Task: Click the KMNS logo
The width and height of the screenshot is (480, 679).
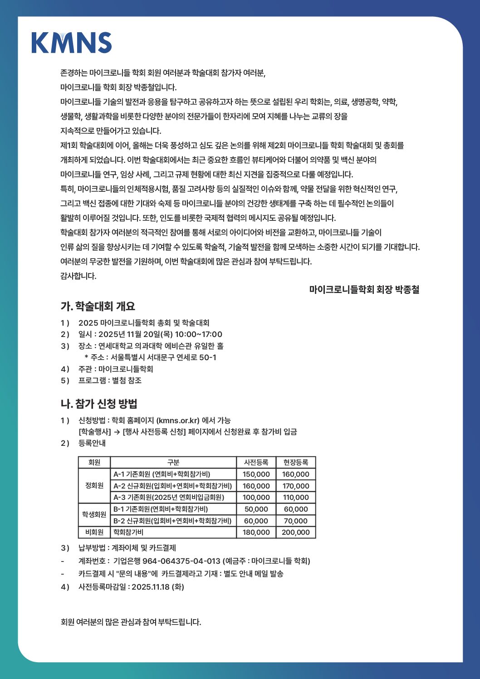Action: [x=72, y=43]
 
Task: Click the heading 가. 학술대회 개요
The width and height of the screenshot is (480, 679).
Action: [x=98, y=306]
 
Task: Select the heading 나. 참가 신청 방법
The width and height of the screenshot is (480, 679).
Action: [x=99, y=404]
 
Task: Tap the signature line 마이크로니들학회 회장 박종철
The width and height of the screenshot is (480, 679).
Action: [x=364, y=289]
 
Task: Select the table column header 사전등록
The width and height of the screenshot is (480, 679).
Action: [x=256, y=462]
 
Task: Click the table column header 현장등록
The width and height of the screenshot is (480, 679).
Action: [x=295, y=462]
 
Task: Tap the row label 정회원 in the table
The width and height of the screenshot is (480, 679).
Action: [x=94, y=485]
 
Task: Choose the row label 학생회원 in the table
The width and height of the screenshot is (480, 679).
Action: [x=94, y=514]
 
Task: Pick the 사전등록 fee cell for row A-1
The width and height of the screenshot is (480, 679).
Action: [x=256, y=474]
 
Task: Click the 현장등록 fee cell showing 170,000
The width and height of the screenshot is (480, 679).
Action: [x=295, y=486]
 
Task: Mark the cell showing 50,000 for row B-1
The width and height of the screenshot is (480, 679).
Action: [x=256, y=509]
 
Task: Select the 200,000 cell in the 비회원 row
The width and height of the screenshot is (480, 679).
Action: [x=295, y=532]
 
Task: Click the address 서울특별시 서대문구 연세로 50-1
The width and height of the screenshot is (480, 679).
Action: [x=163, y=357]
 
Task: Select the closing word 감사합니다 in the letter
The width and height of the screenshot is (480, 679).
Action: [x=78, y=276]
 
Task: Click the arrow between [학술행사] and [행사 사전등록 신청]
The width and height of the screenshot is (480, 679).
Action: [x=117, y=432]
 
